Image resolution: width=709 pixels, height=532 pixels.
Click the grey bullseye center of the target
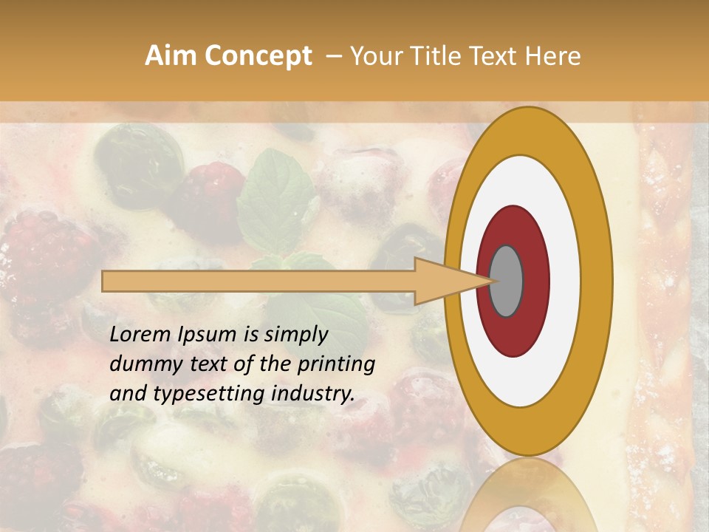tap(506, 281)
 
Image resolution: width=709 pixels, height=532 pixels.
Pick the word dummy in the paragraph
tap(140, 364)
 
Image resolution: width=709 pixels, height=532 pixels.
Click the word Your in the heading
tap(375, 56)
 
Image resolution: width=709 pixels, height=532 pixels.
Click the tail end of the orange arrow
tap(106, 281)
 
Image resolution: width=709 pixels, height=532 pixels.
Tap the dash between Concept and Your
tap(334, 56)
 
